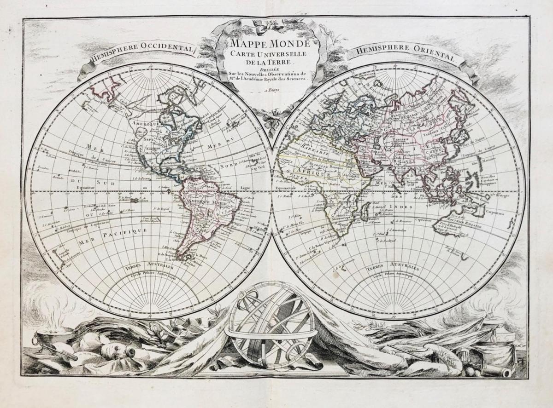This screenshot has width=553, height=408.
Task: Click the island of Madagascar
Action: coord(366,213)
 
